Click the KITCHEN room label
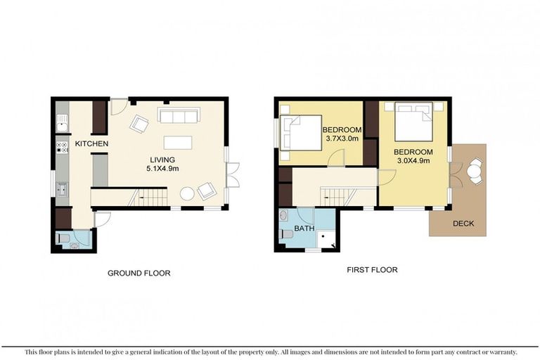click(91, 143)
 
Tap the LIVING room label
click(162, 160)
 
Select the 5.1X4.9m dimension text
click(162, 169)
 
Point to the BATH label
click(304, 229)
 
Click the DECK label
click(463, 224)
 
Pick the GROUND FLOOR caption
click(139, 274)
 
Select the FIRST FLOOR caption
click(372, 270)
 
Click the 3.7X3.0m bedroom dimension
click(342, 139)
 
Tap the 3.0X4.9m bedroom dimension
click(413, 160)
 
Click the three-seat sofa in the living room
click(179, 115)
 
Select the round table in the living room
click(187, 193)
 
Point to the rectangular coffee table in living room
click(178, 143)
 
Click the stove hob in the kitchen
click(62, 148)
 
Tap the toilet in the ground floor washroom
click(65, 238)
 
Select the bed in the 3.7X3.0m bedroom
click(301, 133)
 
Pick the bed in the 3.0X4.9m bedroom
click(413, 122)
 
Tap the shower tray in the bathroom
click(325, 239)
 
